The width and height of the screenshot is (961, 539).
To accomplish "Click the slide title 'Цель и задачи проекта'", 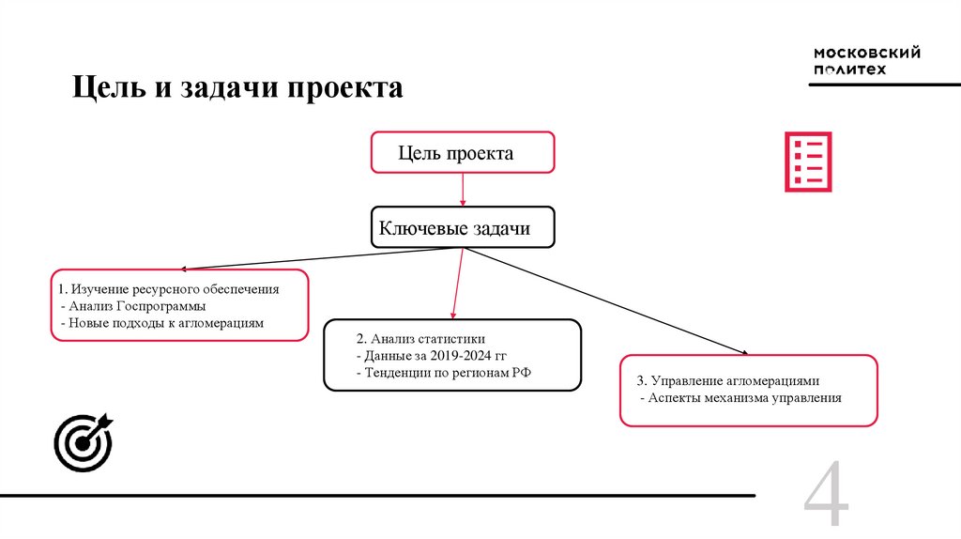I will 239,89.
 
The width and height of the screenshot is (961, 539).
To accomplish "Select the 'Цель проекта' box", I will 463,152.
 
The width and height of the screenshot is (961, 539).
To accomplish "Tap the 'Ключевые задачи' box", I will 463,227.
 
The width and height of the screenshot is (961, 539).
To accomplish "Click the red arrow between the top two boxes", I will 463,190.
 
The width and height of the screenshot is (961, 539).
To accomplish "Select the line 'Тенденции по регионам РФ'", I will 443,373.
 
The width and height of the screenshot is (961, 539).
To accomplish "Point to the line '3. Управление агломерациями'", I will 728,381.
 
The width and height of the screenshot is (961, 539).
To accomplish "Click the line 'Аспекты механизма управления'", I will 740,398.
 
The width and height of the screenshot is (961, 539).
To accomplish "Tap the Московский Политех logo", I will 865,63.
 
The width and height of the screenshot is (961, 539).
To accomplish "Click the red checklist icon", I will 807,162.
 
